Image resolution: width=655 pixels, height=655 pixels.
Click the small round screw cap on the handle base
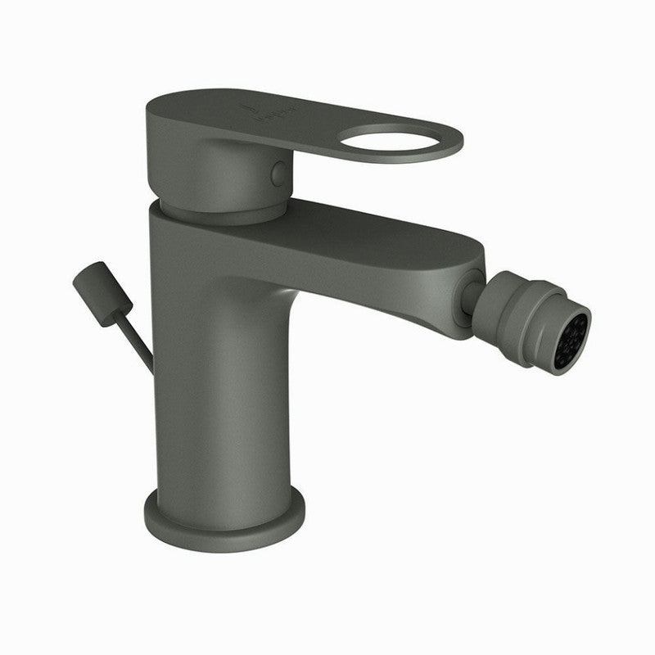tap(279, 173)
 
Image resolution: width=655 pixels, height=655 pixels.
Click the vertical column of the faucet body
tap(217, 393)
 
